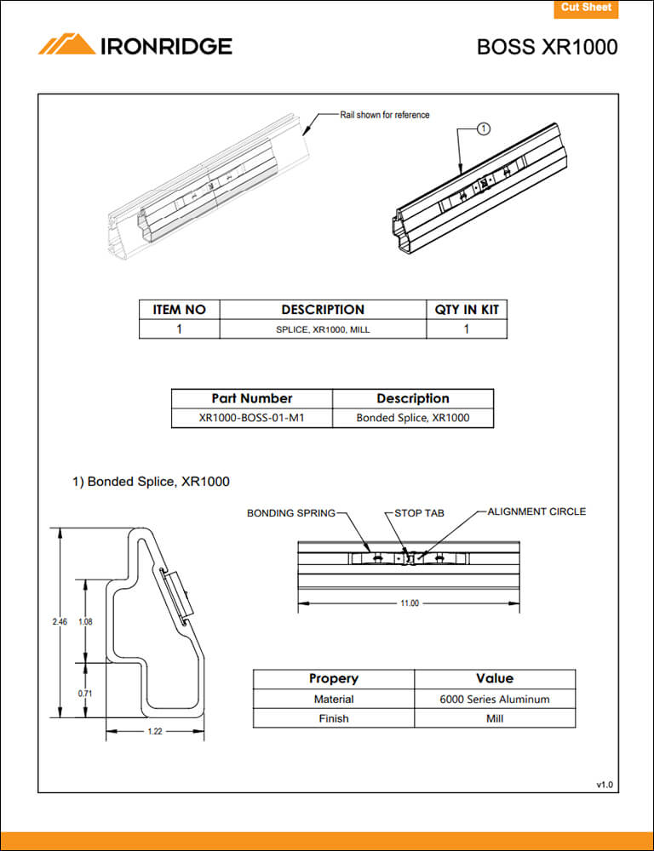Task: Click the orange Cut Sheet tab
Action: point(586,9)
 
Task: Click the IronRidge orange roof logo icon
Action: point(66,45)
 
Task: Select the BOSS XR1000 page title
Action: point(547,47)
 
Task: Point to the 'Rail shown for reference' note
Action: point(385,115)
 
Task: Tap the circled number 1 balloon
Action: point(483,129)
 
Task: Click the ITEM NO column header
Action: point(179,310)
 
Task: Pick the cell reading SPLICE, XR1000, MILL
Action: point(323,328)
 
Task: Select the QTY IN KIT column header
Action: point(466,310)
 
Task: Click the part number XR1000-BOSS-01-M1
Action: point(251,418)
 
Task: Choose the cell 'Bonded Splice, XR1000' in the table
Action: point(412,418)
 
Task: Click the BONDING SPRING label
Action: point(290,513)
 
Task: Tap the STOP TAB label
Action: point(419,513)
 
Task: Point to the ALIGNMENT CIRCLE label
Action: point(536,511)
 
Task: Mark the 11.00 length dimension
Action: point(410,603)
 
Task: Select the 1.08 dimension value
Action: point(84,622)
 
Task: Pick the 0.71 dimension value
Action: point(84,694)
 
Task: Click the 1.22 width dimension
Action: point(155,732)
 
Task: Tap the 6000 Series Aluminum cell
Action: point(494,700)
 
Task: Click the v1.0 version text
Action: point(604,784)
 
